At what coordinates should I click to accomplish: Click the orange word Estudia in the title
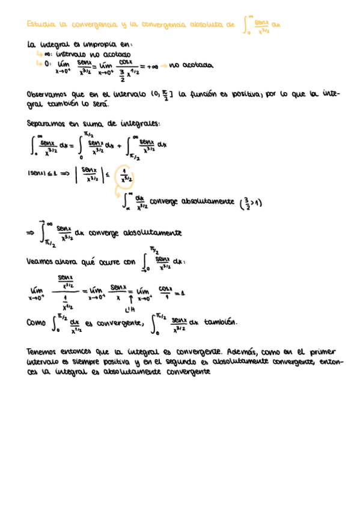point(40,25)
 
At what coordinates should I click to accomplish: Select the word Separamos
point(46,123)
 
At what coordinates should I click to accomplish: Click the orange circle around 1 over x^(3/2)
point(126,174)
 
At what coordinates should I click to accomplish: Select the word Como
point(37,323)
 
